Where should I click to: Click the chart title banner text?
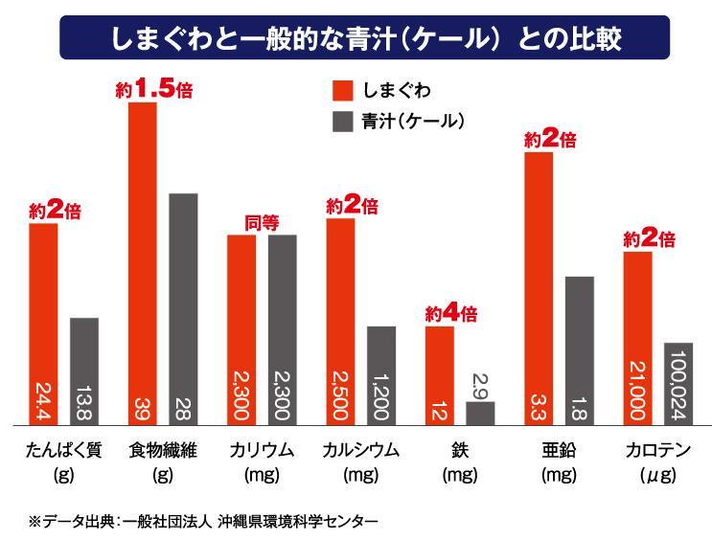tap(356, 39)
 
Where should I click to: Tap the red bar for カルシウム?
tap(341, 321)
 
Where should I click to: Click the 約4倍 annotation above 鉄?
tap(450, 313)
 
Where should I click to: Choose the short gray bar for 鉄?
tap(480, 413)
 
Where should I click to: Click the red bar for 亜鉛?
tap(540, 287)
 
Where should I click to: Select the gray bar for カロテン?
tap(678, 383)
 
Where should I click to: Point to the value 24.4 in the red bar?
tap(43, 395)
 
